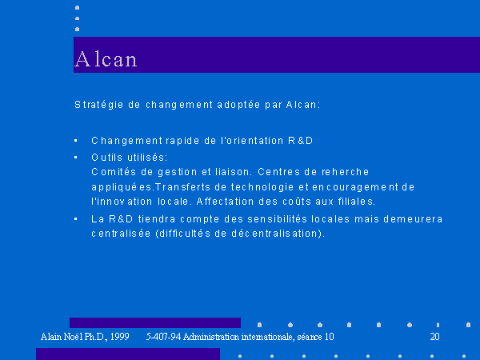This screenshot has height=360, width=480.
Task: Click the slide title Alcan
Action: point(106,58)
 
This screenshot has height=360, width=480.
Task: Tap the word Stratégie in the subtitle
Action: point(99,105)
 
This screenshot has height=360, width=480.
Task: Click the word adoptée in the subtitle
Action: point(238,105)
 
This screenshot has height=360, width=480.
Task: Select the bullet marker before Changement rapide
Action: point(76,141)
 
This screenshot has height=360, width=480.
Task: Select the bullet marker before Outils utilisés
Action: point(76,158)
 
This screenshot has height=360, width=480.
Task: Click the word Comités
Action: point(114,172)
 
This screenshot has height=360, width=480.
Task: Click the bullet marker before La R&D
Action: point(76,219)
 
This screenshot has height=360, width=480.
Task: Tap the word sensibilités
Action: point(277,219)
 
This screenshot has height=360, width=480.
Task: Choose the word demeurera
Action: point(413,219)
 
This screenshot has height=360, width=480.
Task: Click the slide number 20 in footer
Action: point(434,337)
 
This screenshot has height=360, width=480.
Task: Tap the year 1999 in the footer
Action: point(120,337)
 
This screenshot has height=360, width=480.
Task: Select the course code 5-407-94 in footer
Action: point(163,337)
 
